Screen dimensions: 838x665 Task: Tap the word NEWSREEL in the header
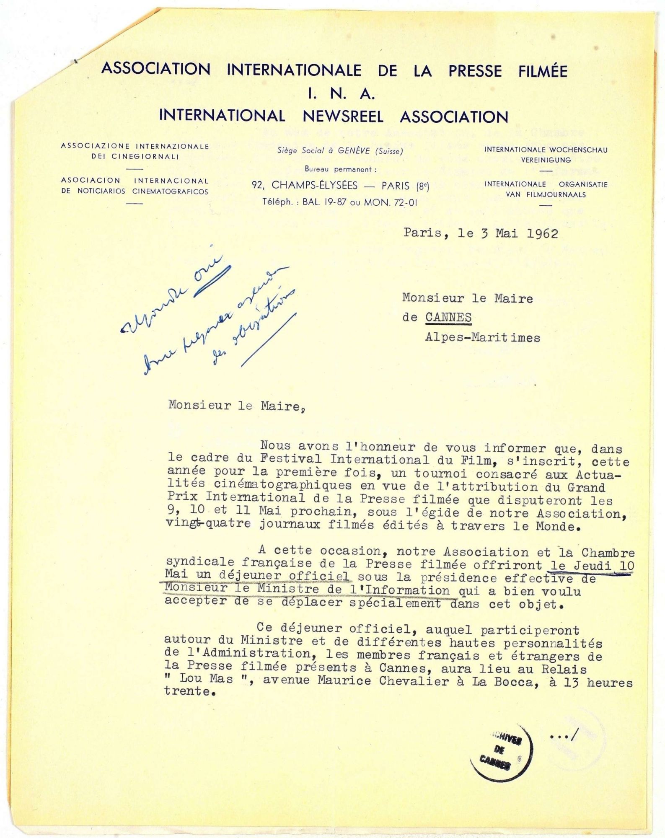[x=343, y=116]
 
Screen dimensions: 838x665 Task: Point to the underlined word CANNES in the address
[x=448, y=318]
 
